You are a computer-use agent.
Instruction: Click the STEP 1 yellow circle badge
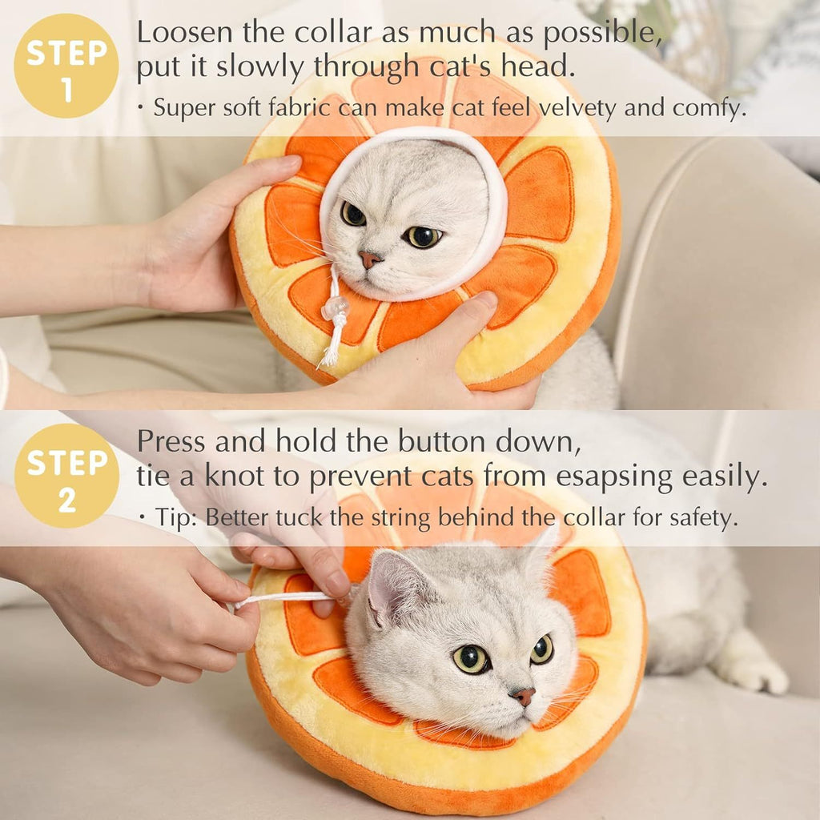pos(66,66)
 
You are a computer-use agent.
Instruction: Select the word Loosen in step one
pos(184,33)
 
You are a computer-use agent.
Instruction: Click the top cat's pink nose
pos(369,259)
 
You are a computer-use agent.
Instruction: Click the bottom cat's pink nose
pos(523,696)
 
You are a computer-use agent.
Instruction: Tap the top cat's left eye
pos(352,214)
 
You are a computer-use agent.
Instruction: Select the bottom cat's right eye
pos(541,649)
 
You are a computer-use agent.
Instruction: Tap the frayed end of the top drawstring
pos(329,356)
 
